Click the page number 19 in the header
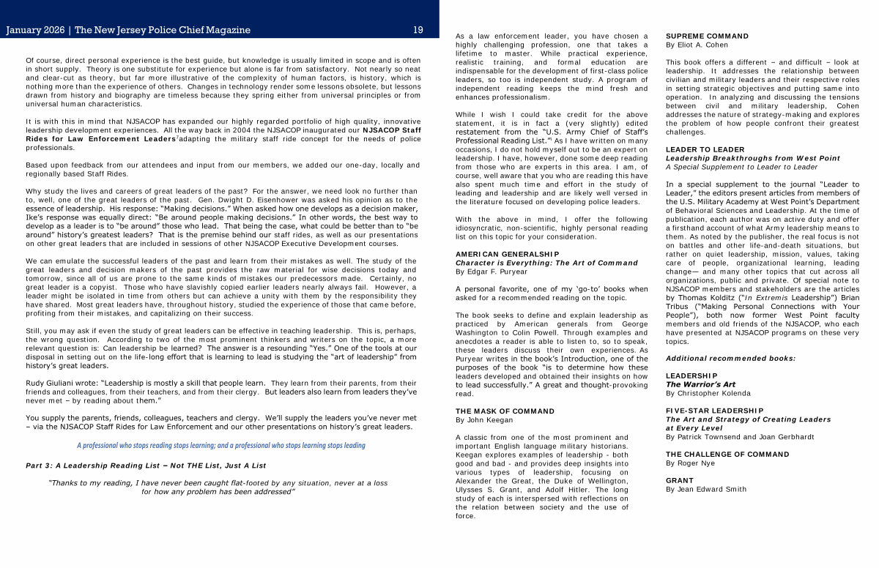[x=418, y=30]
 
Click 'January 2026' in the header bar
[x=34, y=30]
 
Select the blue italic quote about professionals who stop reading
[x=220, y=445]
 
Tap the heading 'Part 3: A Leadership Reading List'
[x=145, y=466]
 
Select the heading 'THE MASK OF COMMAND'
[x=505, y=411]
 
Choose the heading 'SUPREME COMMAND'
[x=707, y=36]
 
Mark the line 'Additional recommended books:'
[x=720, y=358]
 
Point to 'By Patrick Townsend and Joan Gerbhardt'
[x=740, y=437]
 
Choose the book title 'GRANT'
[x=679, y=481]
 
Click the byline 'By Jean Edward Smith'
[x=706, y=490]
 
